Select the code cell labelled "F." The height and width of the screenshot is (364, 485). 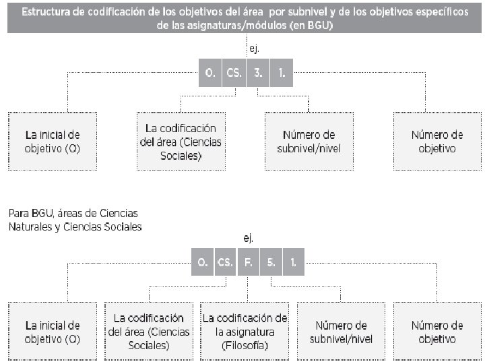click(248, 263)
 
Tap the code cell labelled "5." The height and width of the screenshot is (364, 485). click(271, 263)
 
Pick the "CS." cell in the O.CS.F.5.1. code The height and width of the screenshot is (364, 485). click(225, 263)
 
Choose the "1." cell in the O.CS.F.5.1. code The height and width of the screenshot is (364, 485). click(294, 263)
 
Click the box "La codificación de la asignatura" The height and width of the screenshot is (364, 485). click(245, 331)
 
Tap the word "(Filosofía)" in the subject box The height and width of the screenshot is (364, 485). click(245, 346)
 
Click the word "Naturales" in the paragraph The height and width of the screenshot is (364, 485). click(31, 227)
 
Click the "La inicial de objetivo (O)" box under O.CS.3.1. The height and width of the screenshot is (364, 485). click(53, 140)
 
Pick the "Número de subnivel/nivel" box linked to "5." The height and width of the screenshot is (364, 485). click(341, 332)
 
